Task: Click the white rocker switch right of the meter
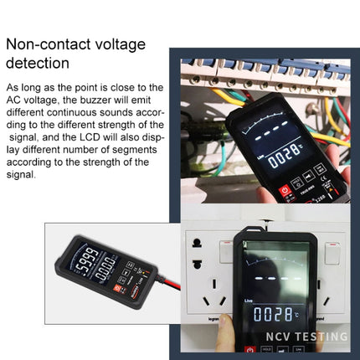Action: click(x=332, y=253)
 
